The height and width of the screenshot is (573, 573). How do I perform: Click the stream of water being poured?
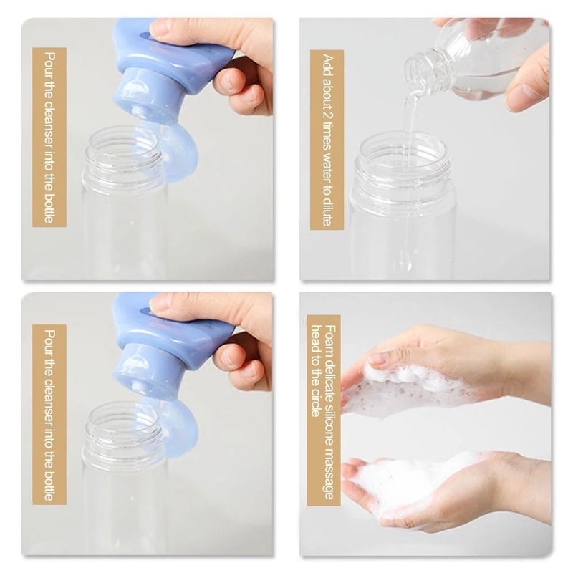410,175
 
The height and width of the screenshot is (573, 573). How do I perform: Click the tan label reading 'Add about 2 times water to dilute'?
327,140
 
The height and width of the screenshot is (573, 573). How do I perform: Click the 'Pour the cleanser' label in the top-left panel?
49,137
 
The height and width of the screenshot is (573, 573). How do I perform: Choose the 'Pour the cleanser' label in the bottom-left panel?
49,415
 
